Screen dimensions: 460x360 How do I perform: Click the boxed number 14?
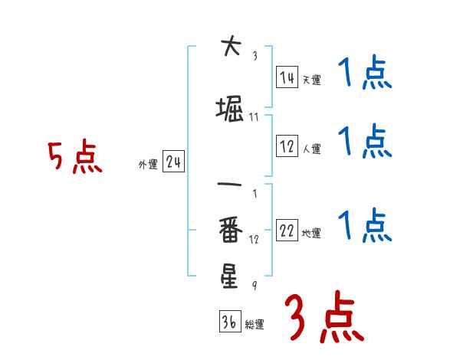point(287,77)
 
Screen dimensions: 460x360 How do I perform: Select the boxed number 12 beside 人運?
point(287,146)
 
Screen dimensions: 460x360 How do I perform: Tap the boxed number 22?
point(287,231)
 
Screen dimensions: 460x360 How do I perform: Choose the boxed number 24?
point(173,162)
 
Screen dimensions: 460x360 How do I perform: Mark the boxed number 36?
point(229,322)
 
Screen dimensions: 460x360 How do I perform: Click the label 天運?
point(311,80)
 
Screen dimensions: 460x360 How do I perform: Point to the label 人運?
point(311,149)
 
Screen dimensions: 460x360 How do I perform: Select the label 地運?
point(311,234)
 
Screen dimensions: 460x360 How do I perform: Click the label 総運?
point(254,324)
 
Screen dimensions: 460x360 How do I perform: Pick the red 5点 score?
point(74,156)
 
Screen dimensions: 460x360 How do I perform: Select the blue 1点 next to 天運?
point(364,74)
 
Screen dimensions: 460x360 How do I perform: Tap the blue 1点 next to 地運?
point(364,226)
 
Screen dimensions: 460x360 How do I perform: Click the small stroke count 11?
point(254,117)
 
